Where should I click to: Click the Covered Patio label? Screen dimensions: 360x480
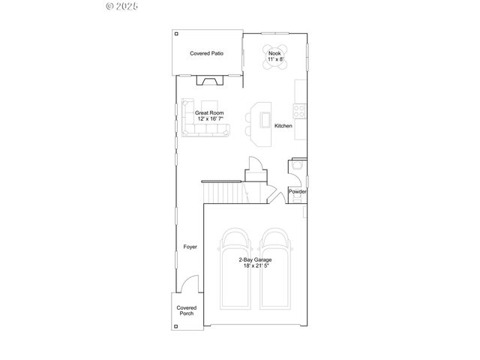[x=206, y=54]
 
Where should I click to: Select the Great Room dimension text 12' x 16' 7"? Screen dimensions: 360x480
[x=210, y=118]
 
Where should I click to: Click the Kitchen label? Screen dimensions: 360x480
[x=283, y=125]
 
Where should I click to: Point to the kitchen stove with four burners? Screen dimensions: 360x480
[x=299, y=109]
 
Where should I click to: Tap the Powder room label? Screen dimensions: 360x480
[x=298, y=191]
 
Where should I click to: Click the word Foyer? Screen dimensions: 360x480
[x=190, y=247]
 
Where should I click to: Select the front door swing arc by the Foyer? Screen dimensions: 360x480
[x=191, y=283]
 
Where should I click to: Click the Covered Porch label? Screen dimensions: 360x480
[x=186, y=310]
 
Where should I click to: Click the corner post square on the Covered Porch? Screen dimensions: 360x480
[x=177, y=325]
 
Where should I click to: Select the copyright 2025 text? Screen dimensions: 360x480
[x=122, y=6]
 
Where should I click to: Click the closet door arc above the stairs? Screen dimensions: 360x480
[x=253, y=165]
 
